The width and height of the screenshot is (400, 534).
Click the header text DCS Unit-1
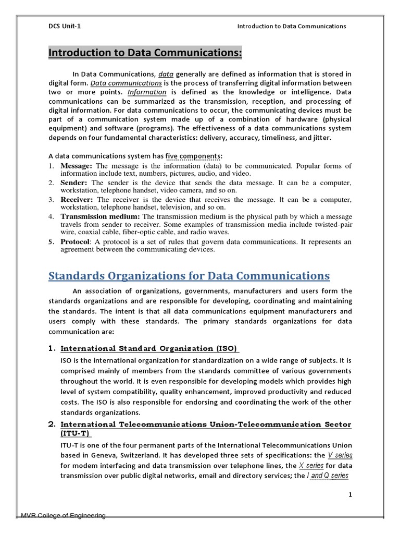pyautogui.click(x=61, y=26)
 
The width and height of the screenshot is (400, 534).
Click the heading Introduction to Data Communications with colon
pyautogui.click(x=145, y=53)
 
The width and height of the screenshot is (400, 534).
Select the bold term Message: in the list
pyautogui.click(x=77, y=166)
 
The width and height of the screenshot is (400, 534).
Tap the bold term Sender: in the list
pyautogui.click(x=74, y=183)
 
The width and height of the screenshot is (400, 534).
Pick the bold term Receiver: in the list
pyautogui.click(x=78, y=199)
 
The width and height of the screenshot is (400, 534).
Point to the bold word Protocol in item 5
pyautogui.click(x=76, y=242)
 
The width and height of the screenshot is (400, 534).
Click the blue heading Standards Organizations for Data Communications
pyautogui.click(x=189, y=275)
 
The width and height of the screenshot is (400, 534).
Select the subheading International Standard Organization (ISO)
pyautogui.click(x=150, y=348)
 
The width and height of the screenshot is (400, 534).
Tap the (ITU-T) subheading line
pyautogui.click(x=76, y=433)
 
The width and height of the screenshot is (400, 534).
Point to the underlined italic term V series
pyautogui.click(x=337, y=455)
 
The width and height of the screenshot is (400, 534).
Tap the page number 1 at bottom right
pyautogui.click(x=351, y=495)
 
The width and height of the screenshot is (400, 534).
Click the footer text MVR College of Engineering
pyautogui.click(x=63, y=515)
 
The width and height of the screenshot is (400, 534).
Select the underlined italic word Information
pyautogui.click(x=147, y=92)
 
